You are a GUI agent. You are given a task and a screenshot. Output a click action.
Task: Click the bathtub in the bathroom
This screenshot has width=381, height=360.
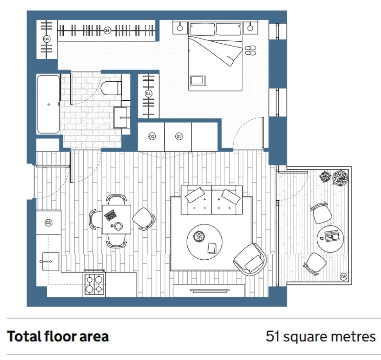click(48, 104)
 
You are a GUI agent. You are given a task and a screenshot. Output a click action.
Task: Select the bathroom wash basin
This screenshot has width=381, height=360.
click(121, 118)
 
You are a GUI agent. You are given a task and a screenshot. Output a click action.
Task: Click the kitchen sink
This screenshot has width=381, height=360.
click(51, 261)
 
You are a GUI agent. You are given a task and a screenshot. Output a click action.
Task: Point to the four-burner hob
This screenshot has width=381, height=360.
click(94, 284)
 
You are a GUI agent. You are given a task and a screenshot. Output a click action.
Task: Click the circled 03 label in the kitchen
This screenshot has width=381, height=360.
click(48, 223)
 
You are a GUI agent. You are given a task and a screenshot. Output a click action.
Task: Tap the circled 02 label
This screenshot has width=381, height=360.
click(152, 137)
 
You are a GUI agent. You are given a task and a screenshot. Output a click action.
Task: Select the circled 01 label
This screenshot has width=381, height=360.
click(179, 137)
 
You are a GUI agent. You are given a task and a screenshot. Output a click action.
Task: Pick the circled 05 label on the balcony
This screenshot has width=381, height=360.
click(343, 277)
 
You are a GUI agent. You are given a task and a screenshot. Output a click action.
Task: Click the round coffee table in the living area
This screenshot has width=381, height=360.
click(204, 242)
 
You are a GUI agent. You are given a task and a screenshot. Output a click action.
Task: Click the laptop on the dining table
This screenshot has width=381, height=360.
click(110, 215)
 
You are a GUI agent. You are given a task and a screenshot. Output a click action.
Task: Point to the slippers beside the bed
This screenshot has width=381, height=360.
click(251, 50)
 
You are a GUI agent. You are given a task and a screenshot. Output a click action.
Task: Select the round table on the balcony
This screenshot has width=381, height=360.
click(331, 239)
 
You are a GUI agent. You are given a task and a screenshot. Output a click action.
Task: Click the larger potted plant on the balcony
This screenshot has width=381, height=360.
click(340, 178)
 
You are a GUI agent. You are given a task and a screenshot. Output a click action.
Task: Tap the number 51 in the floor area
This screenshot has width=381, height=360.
click(273, 336)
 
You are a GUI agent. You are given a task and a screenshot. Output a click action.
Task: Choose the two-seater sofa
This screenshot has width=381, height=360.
click(212, 200)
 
